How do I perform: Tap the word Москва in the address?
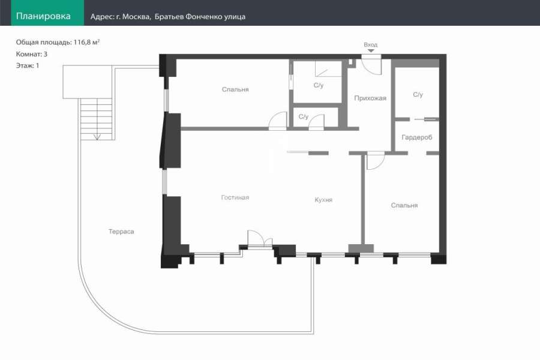(136, 17)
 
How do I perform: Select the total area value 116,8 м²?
(86, 42)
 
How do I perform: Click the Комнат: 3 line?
(32, 54)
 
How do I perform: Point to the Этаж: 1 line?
(28, 65)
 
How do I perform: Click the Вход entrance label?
(371, 45)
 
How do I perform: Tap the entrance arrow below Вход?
(371, 50)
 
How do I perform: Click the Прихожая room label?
(370, 98)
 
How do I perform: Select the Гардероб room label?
(417, 137)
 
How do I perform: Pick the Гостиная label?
(235, 197)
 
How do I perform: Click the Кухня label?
(323, 200)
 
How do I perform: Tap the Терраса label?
(121, 232)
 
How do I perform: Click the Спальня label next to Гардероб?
(404, 205)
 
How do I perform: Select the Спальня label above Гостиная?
(235, 89)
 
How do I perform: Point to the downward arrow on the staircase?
(97, 137)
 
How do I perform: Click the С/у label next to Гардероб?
(418, 94)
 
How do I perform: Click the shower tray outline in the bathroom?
(328, 68)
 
